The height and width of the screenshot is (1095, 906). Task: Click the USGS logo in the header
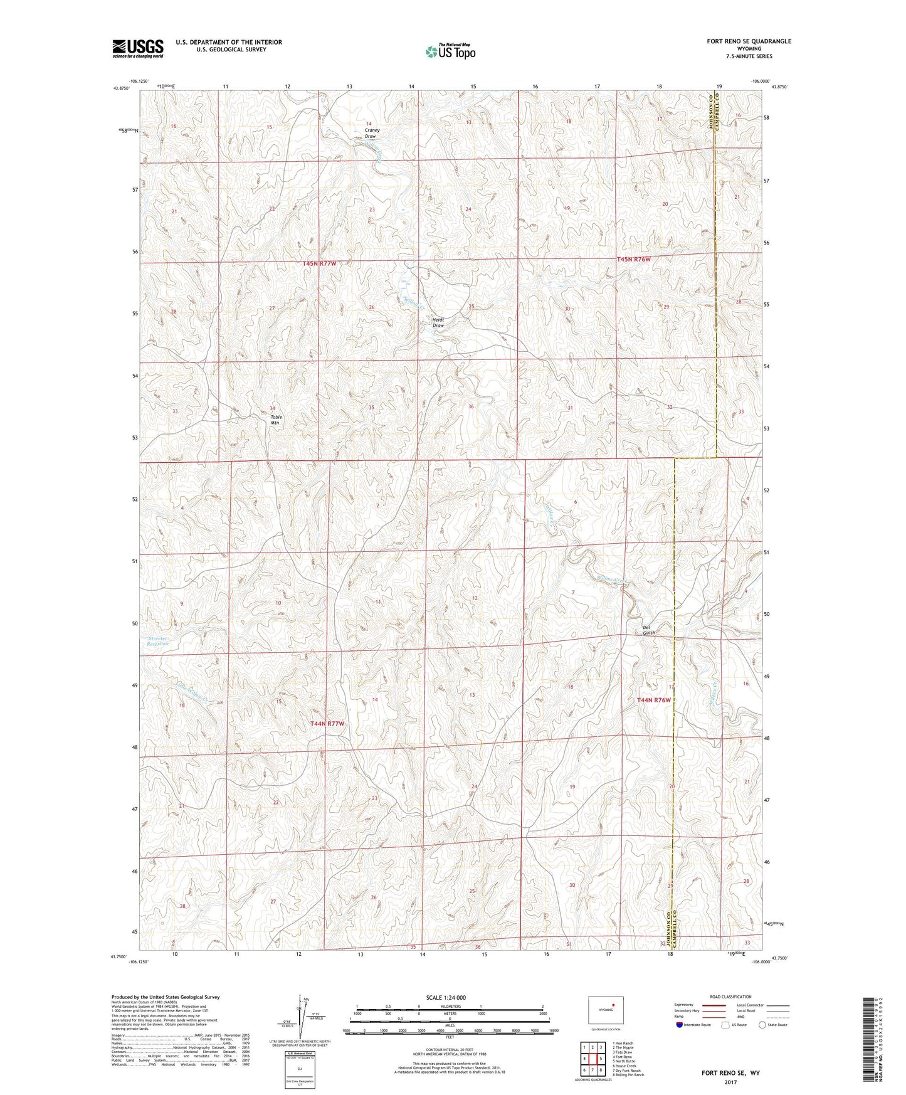click(138, 48)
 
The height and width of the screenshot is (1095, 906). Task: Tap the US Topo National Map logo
click(450, 51)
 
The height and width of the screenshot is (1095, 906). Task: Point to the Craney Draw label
click(371, 134)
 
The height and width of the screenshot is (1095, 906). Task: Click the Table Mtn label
click(276, 420)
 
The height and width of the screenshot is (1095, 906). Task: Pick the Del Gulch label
click(649, 630)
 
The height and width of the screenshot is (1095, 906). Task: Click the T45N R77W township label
click(319, 264)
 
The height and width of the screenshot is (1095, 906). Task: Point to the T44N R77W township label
click(327, 724)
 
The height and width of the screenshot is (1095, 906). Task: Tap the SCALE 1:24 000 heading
click(446, 998)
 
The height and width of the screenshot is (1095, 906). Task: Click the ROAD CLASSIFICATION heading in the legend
click(730, 997)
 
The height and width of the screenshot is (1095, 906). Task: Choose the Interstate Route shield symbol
click(680, 1025)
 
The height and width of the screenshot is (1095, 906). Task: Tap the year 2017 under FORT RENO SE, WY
click(730, 1082)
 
